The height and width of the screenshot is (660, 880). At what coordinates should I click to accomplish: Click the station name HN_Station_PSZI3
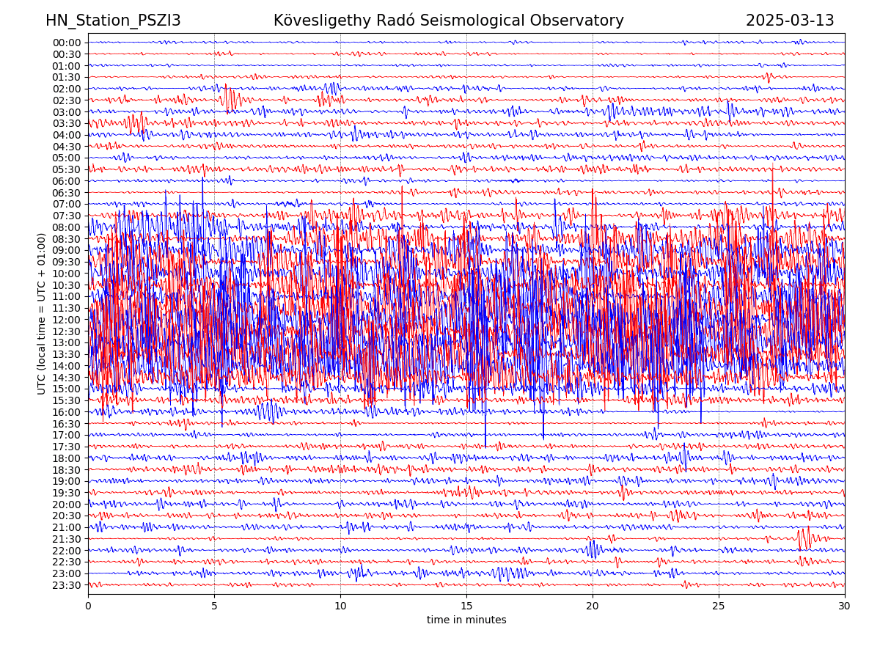(113, 21)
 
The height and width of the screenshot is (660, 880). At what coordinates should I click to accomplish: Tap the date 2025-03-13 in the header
(790, 21)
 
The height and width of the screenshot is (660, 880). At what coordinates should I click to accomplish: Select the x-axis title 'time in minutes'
(466, 620)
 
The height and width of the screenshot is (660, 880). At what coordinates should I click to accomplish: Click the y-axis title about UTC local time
(43, 313)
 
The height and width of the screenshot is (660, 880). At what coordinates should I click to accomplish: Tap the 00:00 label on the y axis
(67, 43)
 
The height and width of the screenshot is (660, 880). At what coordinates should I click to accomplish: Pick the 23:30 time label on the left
(67, 585)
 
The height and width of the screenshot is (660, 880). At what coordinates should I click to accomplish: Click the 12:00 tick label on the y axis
(67, 320)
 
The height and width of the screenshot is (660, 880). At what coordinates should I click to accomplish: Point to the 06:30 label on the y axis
(67, 193)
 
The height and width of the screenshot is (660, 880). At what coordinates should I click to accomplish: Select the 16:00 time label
(67, 412)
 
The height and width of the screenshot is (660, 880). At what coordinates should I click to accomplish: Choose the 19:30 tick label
(67, 493)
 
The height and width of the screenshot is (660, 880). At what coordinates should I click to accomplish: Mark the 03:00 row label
(67, 112)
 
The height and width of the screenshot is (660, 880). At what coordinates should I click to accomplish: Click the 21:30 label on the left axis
(67, 539)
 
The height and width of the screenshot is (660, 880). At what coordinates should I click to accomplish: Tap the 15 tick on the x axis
(466, 606)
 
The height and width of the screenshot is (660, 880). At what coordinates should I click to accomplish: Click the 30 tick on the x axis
(845, 606)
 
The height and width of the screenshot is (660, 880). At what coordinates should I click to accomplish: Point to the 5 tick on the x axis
(214, 606)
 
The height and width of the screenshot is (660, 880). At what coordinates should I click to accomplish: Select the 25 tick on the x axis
(719, 606)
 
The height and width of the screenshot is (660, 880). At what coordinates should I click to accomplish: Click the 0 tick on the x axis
(88, 606)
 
